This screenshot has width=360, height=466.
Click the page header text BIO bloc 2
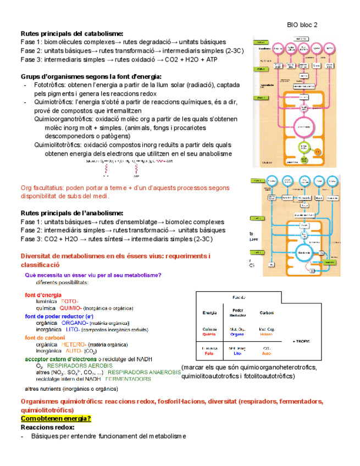pyautogui.click(x=302, y=25)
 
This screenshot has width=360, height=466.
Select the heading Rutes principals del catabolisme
pyautogui.click(x=72, y=33)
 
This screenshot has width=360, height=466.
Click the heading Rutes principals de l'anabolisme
pyautogui.click(x=71, y=213)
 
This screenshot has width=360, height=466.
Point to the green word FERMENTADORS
pyautogui.click(x=132, y=379)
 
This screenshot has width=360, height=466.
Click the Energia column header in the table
pyautogui.click(x=209, y=313)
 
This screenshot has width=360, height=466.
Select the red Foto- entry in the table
pyautogui.click(x=209, y=354)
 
